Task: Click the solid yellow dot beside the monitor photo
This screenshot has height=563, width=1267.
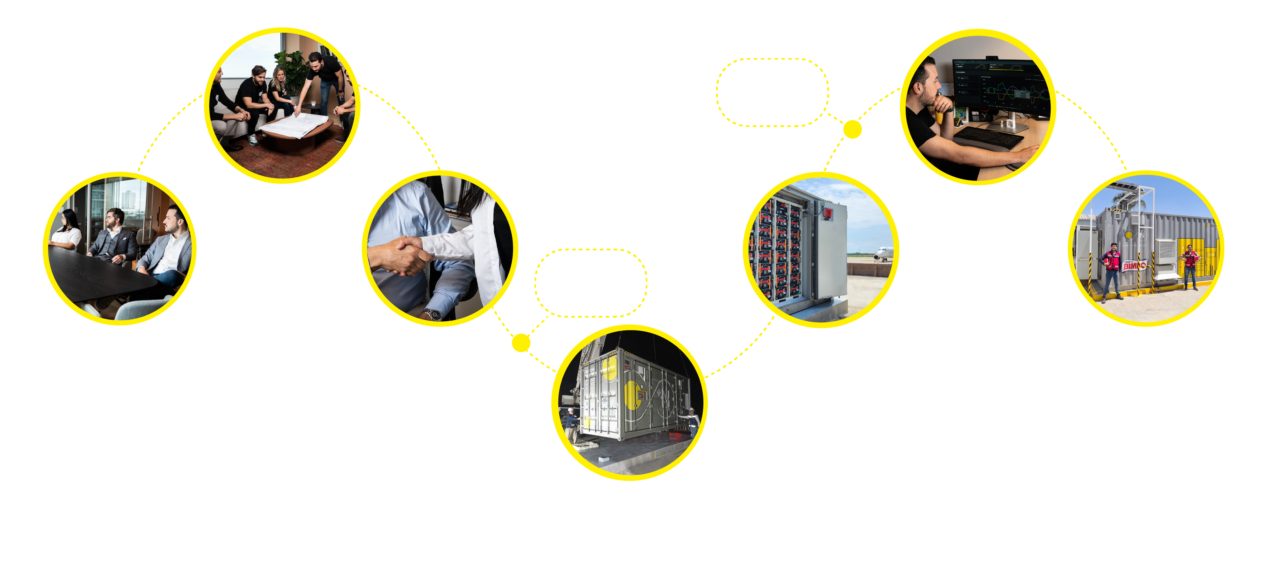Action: (x=852, y=129)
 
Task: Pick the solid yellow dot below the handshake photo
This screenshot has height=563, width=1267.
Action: (x=521, y=343)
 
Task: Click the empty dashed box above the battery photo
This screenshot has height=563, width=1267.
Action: (x=772, y=93)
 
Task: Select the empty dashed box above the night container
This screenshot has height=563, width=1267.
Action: (x=591, y=283)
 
